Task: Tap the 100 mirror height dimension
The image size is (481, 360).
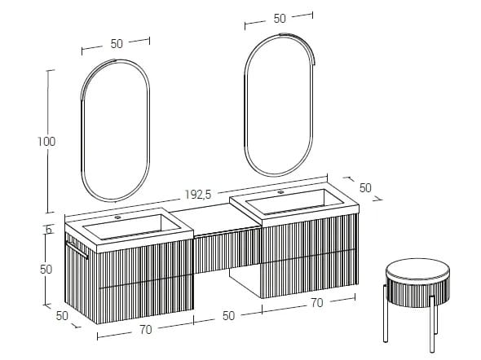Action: coord(46,142)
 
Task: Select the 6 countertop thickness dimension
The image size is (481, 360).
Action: coord(49,230)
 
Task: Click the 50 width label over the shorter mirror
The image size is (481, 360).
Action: coord(117,44)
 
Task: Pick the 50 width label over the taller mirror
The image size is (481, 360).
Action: coord(280,18)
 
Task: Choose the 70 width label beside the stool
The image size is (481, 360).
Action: coord(317,303)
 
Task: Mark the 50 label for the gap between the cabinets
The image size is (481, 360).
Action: coord(227,315)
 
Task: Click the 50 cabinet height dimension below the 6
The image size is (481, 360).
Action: coord(46,269)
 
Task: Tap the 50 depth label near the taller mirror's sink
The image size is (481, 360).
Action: coord(365,187)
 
